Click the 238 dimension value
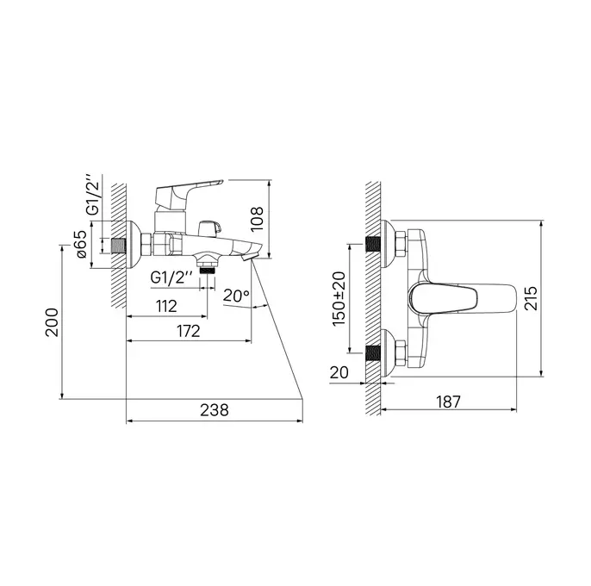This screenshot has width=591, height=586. tap(214, 409)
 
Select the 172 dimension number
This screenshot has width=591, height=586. tap(189, 331)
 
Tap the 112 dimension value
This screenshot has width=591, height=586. tap(166, 306)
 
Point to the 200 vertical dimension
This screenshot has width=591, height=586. tap(52, 322)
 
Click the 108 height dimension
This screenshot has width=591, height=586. tap(257, 219)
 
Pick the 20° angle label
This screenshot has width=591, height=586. tap(236, 296)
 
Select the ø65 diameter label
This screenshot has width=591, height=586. tap(81, 244)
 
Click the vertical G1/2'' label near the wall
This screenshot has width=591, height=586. tap(94, 195)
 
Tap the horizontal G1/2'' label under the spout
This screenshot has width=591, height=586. tap(171, 277)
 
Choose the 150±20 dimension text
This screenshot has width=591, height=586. tap(339, 299)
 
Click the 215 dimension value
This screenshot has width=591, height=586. tap(531, 298)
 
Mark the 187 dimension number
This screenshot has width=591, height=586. tap(449, 402)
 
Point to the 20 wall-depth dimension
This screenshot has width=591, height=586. tap(339, 372)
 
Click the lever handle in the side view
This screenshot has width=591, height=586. tap(189, 193)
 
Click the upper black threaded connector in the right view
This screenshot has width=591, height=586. tap(373, 244)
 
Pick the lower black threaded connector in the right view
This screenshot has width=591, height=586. tap(373, 353)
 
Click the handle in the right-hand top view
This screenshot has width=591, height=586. tap(462, 299)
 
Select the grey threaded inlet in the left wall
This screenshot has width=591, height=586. tap(119, 245)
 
